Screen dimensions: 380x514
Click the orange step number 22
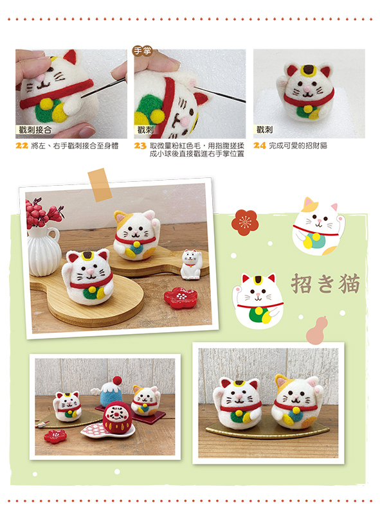click(22, 146)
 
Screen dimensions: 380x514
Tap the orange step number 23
click(140, 146)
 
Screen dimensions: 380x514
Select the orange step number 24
click(259, 146)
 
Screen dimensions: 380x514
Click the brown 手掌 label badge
click(142, 51)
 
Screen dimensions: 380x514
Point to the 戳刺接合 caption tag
click(35, 130)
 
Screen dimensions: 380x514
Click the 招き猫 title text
click(325, 283)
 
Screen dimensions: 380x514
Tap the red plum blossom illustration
click(245, 222)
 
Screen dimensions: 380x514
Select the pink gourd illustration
click(316, 330)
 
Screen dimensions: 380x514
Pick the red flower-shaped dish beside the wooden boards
click(180, 297)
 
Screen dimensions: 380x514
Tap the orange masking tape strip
click(100, 185)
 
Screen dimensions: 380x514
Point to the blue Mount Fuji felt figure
click(111, 393)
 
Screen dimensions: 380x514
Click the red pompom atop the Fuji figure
click(117, 380)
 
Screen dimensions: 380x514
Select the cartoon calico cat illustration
click(318, 227)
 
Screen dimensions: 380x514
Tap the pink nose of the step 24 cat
click(307, 89)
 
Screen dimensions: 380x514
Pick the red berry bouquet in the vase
click(42, 213)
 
